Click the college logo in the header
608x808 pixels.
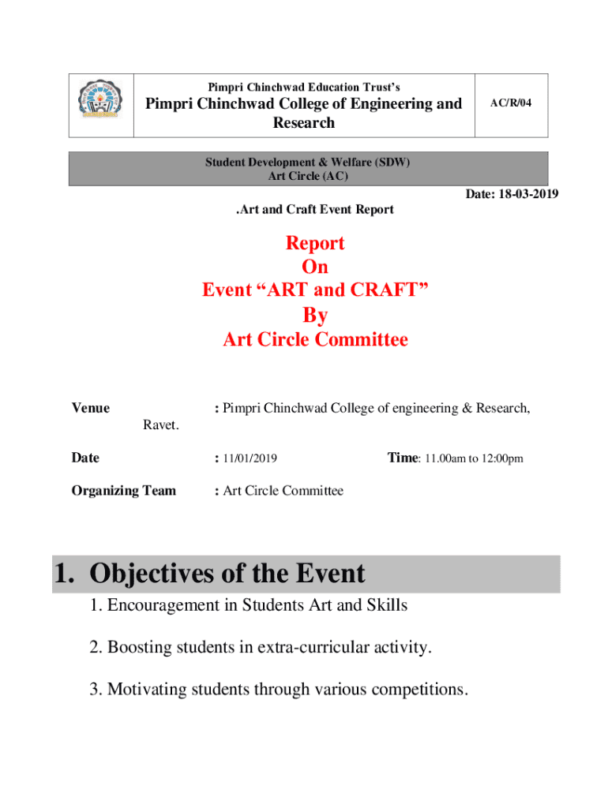coord(100,106)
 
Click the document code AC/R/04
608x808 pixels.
coord(511,103)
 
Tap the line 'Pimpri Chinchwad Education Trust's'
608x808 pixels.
coord(304,87)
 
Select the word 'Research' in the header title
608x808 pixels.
coord(304,123)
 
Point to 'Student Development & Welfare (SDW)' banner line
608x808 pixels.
coord(308,163)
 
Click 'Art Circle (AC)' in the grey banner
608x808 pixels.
coord(308,176)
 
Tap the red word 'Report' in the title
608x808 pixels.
coord(315,243)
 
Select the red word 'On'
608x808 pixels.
coord(315,267)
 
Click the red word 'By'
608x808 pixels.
coord(315,316)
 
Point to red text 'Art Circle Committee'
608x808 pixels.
coord(315,340)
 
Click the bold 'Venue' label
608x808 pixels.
coord(91,409)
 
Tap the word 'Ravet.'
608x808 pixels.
coord(161,426)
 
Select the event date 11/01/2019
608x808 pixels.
coord(250,458)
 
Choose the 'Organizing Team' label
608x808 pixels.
coord(124,491)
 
